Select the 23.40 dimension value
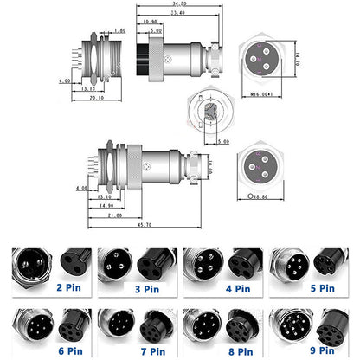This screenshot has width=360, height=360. pyautogui.click(x=177, y=14)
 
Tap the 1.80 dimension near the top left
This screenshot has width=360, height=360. pyautogui.click(x=119, y=30)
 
